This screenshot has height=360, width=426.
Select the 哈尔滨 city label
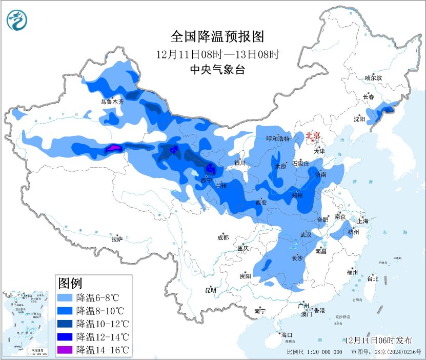click(373, 78)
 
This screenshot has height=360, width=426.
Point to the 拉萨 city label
click(117, 238)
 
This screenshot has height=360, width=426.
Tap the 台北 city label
click(372, 279)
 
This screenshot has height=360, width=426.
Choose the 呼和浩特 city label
click(278, 139)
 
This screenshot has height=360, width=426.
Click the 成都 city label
click(222, 237)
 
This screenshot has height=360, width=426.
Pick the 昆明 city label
click(211, 290)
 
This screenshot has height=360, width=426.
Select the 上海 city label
click(363, 221)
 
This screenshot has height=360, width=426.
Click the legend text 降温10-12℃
click(102, 324)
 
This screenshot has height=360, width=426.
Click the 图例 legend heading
click(70, 283)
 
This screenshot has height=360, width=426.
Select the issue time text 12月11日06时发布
click(378, 341)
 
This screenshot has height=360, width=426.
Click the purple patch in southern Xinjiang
click(113, 149)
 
